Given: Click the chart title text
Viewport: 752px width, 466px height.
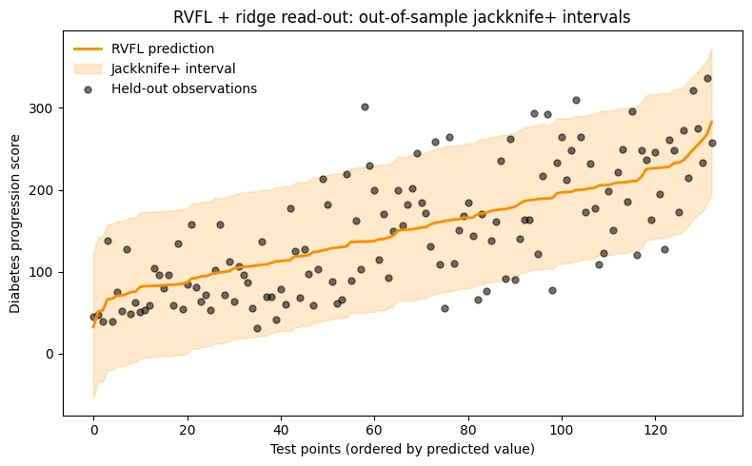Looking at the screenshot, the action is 402,17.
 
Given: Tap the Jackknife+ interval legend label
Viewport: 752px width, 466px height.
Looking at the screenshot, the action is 173,69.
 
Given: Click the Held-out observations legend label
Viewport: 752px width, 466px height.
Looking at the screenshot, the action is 184,89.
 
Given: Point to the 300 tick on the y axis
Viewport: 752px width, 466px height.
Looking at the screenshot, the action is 40,108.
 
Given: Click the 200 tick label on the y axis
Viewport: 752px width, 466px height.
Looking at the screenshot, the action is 40,190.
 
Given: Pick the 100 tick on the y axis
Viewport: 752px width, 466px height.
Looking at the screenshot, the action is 40,273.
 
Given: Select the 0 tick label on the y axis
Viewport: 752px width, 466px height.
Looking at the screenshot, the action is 49,355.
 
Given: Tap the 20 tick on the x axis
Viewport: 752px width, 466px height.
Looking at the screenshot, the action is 188,430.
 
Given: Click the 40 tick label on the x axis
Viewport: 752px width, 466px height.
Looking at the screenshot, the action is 281,430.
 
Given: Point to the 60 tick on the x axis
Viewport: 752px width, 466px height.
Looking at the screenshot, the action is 374,430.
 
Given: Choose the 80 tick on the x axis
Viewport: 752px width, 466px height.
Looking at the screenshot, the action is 468,430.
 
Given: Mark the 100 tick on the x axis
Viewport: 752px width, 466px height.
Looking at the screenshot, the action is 562,430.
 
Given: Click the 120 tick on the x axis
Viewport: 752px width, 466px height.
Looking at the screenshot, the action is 655,430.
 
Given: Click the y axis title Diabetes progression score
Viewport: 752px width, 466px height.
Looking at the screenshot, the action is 15,223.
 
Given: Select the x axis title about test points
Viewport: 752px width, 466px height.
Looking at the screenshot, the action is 403,449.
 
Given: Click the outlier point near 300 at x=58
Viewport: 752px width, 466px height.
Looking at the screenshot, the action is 365,107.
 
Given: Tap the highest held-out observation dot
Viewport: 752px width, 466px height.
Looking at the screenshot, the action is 707,79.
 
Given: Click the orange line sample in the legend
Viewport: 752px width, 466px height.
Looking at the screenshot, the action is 89,49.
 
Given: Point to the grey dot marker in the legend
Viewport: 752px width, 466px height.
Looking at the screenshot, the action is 88,89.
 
